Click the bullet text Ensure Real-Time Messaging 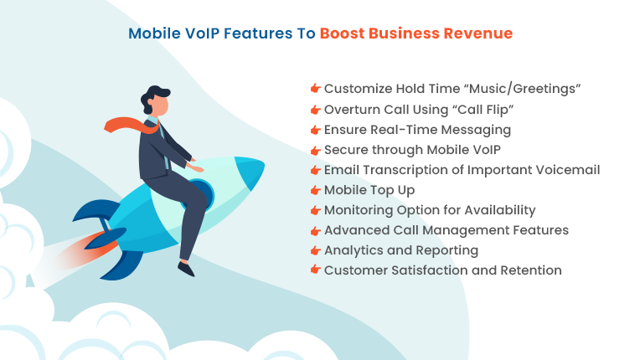[417, 130]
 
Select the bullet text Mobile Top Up [369, 190]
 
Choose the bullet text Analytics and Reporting [401, 250]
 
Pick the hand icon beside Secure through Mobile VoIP [316, 151]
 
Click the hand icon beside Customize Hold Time [316, 89]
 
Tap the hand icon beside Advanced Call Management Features [316, 231]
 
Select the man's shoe [186, 268]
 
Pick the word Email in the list [341, 170]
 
